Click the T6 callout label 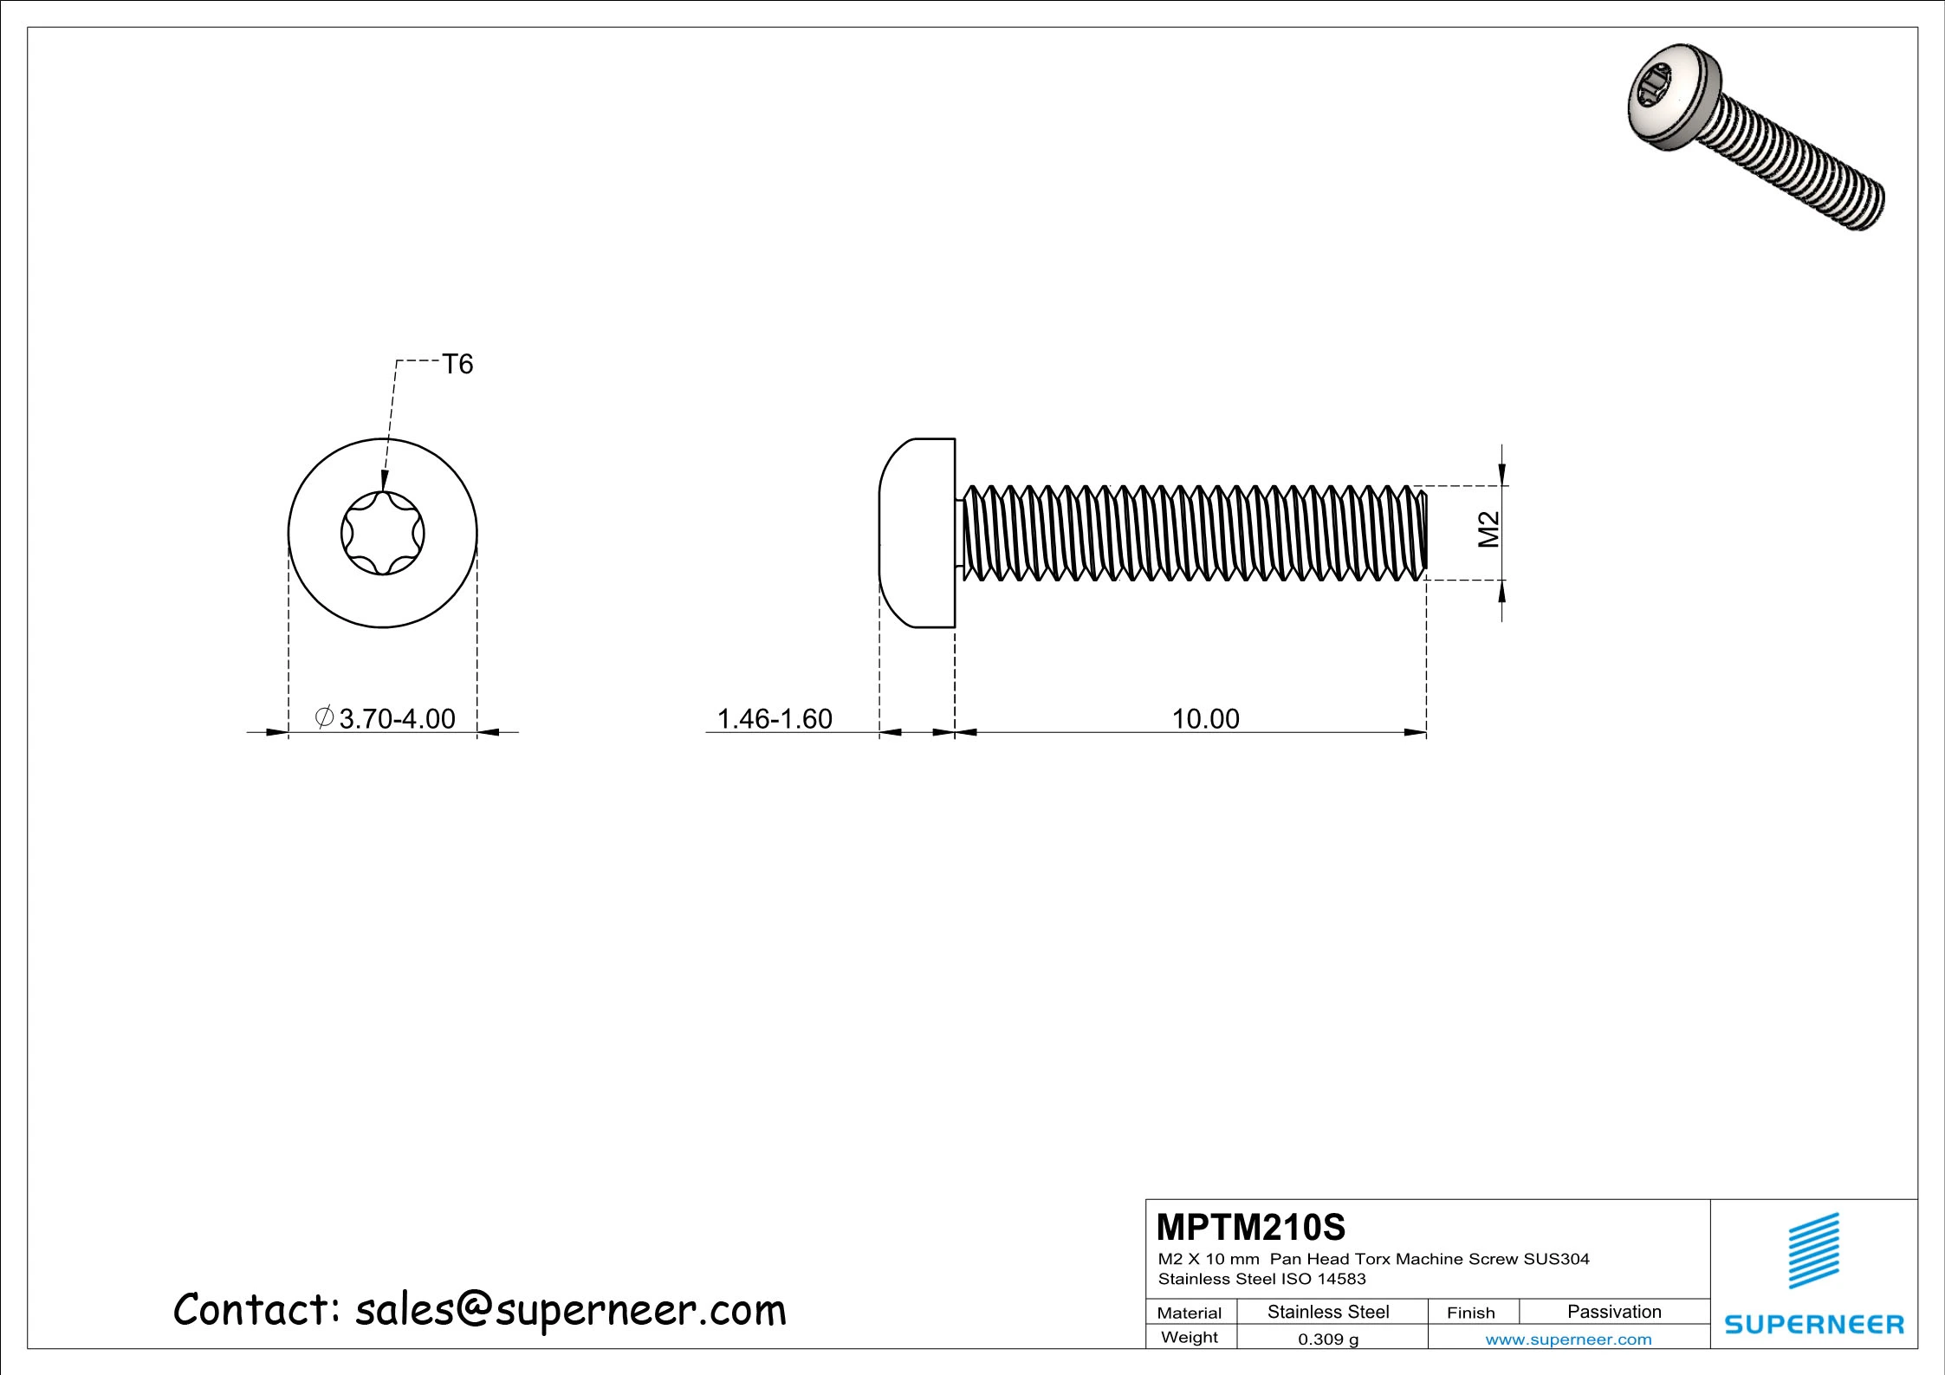tap(457, 364)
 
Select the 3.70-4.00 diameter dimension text tap(386, 718)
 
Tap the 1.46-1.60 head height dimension tap(775, 718)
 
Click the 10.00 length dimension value tap(1205, 718)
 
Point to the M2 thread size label tap(1488, 529)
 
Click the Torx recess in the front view tap(383, 533)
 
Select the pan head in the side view tap(917, 533)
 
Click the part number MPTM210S tap(1251, 1227)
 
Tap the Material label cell tap(1189, 1313)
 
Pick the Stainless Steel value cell tap(1328, 1312)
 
